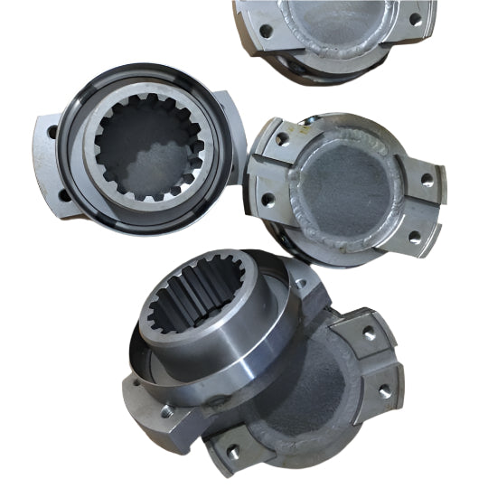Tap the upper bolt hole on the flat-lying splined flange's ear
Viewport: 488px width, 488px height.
click(x=52, y=132)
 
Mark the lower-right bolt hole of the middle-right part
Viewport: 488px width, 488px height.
click(x=413, y=237)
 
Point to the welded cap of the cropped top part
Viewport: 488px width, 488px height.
click(x=334, y=23)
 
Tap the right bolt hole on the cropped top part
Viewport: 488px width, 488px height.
click(x=415, y=17)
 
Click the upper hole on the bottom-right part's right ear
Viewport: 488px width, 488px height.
click(x=370, y=333)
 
